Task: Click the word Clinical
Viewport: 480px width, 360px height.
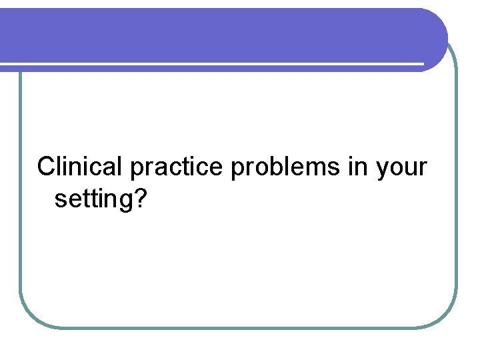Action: coord(80,167)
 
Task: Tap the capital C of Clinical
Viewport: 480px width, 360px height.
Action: coord(48,167)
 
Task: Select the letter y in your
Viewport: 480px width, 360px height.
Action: coord(383,170)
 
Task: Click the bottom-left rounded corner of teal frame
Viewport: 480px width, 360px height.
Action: coord(30,317)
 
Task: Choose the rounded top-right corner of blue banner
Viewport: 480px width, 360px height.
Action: coord(437,20)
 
